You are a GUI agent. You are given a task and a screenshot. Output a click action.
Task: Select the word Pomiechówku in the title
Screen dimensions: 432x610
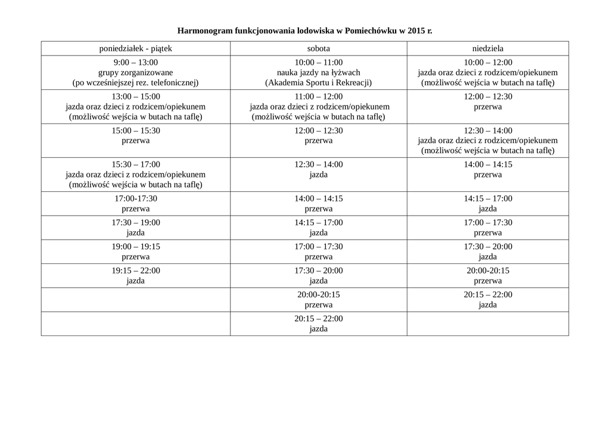371,30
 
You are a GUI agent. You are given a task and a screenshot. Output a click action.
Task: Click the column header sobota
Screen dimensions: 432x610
318,48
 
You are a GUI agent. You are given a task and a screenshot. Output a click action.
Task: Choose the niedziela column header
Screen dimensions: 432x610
487,48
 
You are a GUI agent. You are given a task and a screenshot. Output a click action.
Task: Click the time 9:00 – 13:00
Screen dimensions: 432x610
135,62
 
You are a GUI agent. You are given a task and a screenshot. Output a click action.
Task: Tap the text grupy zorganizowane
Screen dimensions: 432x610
135,73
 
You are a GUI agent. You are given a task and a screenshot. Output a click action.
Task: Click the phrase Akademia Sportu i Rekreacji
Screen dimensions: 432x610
319,83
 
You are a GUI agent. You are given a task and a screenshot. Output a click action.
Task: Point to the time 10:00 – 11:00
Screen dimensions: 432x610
318,62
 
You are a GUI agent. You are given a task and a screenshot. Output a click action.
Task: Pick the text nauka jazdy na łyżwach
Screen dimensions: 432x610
318,73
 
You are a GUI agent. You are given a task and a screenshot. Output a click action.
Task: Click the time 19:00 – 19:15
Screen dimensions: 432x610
135,247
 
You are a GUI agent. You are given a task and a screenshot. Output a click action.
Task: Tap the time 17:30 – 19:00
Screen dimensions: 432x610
135,223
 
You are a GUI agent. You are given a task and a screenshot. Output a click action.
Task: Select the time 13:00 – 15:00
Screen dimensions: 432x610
135,96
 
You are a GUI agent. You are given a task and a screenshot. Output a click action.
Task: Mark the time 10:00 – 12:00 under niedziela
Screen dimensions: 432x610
487,62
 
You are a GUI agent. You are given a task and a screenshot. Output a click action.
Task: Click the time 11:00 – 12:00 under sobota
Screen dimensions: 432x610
318,96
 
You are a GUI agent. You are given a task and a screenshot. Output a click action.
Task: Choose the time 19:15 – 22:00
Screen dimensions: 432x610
135,271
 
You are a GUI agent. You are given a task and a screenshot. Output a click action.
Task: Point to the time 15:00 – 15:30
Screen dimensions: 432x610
135,130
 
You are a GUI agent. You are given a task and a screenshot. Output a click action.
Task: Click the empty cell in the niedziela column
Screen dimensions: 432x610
487,324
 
